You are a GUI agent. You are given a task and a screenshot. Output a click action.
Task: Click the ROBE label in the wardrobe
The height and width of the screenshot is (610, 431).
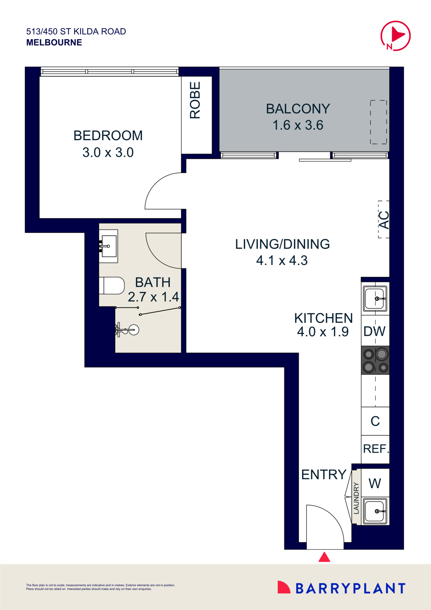(x=195, y=100)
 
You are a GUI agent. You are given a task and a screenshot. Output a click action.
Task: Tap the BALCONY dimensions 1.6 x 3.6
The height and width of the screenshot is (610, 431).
(x=298, y=125)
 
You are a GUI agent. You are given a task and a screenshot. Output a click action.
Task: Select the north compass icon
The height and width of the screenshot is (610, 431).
(x=396, y=36)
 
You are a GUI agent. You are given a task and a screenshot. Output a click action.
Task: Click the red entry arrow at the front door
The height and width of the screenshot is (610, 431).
(x=324, y=557)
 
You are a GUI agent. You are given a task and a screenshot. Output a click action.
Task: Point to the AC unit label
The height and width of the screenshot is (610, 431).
(x=384, y=219)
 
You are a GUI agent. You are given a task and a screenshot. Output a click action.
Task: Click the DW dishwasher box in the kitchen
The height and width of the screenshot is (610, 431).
(x=375, y=331)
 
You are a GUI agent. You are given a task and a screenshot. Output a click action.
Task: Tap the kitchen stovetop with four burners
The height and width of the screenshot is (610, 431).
(x=375, y=360)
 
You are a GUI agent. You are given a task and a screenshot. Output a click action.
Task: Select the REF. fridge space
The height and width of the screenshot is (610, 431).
(x=375, y=449)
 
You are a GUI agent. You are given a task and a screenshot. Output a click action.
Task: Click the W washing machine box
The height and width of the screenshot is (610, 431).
(x=375, y=483)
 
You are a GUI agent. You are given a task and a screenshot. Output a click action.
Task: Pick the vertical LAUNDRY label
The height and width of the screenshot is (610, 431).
(x=356, y=498)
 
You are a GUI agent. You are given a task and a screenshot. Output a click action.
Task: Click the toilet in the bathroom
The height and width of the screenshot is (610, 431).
(x=112, y=286)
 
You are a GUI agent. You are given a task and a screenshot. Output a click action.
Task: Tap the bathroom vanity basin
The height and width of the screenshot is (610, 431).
(x=109, y=246)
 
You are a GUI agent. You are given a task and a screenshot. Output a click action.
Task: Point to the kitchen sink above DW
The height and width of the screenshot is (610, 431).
(x=375, y=298)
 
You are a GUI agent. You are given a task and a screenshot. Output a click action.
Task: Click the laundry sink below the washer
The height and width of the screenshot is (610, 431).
(x=375, y=511)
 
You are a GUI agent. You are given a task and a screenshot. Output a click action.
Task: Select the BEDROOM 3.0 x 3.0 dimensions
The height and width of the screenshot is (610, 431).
(x=108, y=152)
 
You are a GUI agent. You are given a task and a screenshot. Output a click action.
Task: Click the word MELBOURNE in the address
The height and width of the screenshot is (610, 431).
(x=54, y=42)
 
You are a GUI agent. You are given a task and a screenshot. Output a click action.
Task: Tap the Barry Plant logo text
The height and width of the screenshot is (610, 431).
(x=350, y=588)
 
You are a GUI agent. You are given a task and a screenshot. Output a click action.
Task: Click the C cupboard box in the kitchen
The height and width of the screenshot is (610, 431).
(x=375, y=421)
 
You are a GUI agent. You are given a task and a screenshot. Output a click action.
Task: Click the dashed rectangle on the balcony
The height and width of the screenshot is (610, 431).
(x=379, y=122)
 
